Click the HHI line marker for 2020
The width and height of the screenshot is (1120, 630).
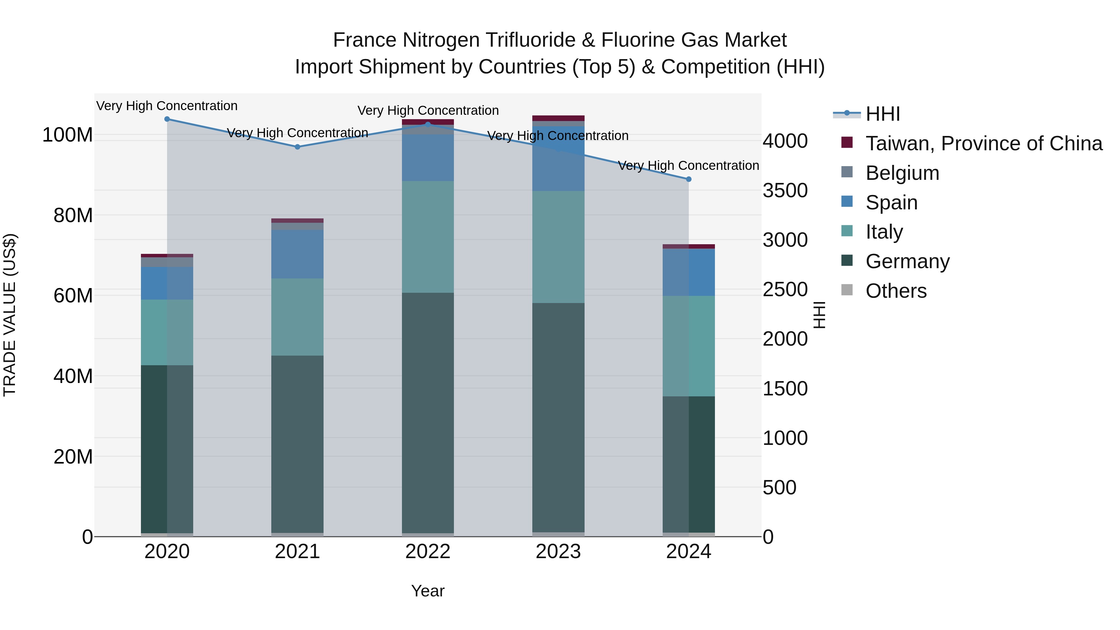click(x=167, y=119)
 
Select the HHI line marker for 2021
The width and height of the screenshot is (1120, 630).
click(x=297, y=147)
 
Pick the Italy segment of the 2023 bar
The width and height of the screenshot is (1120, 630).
click(x=558, y=247)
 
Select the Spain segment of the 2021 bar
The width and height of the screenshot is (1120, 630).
click(x=297, y=254)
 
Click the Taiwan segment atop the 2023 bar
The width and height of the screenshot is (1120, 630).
click(x=558, y=118)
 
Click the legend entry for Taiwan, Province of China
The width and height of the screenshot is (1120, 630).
click(x=983, y=143)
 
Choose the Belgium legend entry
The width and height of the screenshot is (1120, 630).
click(x=902, y=173)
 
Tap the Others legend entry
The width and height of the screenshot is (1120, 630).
click(x=896, y=291)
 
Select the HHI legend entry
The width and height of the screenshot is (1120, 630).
click(x=883, y=114)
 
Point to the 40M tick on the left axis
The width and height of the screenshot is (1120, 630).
click(x=72, y=376)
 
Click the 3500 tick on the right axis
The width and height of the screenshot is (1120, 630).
click(x=785, y=190)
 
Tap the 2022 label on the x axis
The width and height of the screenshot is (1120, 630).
click(x=427, y=552)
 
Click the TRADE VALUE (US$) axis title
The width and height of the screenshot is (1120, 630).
click(x=10, y=315)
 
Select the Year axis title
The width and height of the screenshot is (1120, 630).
click(x=427, y=591)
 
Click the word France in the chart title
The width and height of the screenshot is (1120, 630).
click(x=364, y=40)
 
